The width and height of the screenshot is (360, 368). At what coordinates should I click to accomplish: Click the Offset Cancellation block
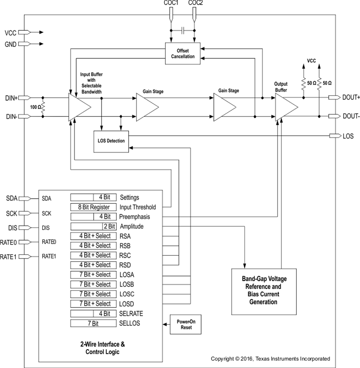coord(183,53)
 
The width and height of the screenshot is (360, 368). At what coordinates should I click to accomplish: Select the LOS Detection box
coord(111,139)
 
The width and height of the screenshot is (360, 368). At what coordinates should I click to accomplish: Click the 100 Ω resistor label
coord(34,107)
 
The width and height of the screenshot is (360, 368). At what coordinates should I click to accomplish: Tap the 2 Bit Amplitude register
coord(109,226)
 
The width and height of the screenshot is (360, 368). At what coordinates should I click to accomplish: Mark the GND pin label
coord(10,44)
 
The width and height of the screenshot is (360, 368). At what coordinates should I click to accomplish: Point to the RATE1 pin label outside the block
coord(9,256)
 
